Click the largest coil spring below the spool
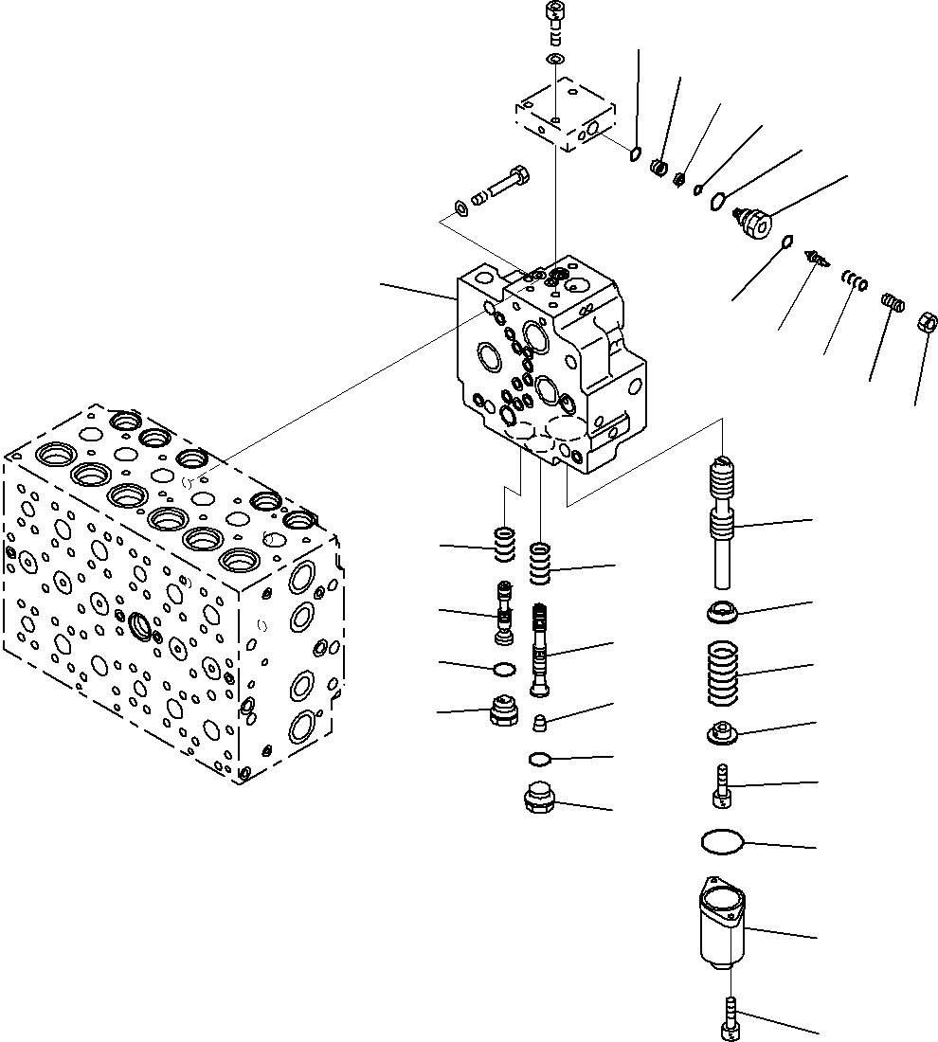point(724,674)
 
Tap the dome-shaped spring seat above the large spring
point(723,614)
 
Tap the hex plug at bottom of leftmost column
point(503,711)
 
